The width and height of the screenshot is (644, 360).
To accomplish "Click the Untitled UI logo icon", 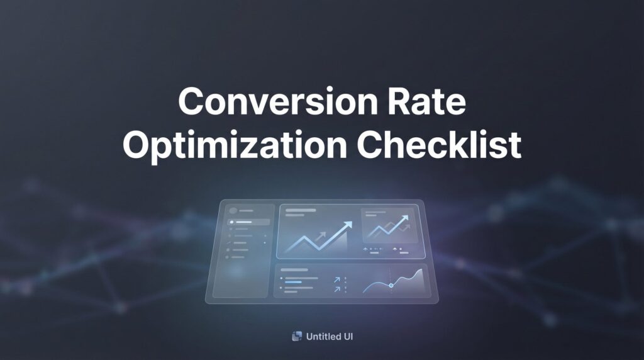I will point(297,337).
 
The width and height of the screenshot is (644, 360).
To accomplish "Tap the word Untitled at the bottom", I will point(322,337).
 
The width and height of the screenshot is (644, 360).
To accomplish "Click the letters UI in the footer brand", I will point(347,337).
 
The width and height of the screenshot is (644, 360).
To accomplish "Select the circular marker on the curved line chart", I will point(391,285).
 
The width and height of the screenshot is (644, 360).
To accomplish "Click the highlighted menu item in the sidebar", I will point(250,222).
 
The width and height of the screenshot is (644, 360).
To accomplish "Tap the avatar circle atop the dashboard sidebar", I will point(234,211).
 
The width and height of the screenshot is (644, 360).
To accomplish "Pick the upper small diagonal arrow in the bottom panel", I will point(338,279).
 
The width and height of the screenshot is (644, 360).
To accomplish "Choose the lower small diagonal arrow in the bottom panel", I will point(338,290).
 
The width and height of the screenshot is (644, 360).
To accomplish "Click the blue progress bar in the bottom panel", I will point(293,282).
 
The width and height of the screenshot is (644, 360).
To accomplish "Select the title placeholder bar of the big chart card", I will point(300,210).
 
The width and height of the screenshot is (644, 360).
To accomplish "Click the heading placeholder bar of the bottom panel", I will point(293,270).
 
